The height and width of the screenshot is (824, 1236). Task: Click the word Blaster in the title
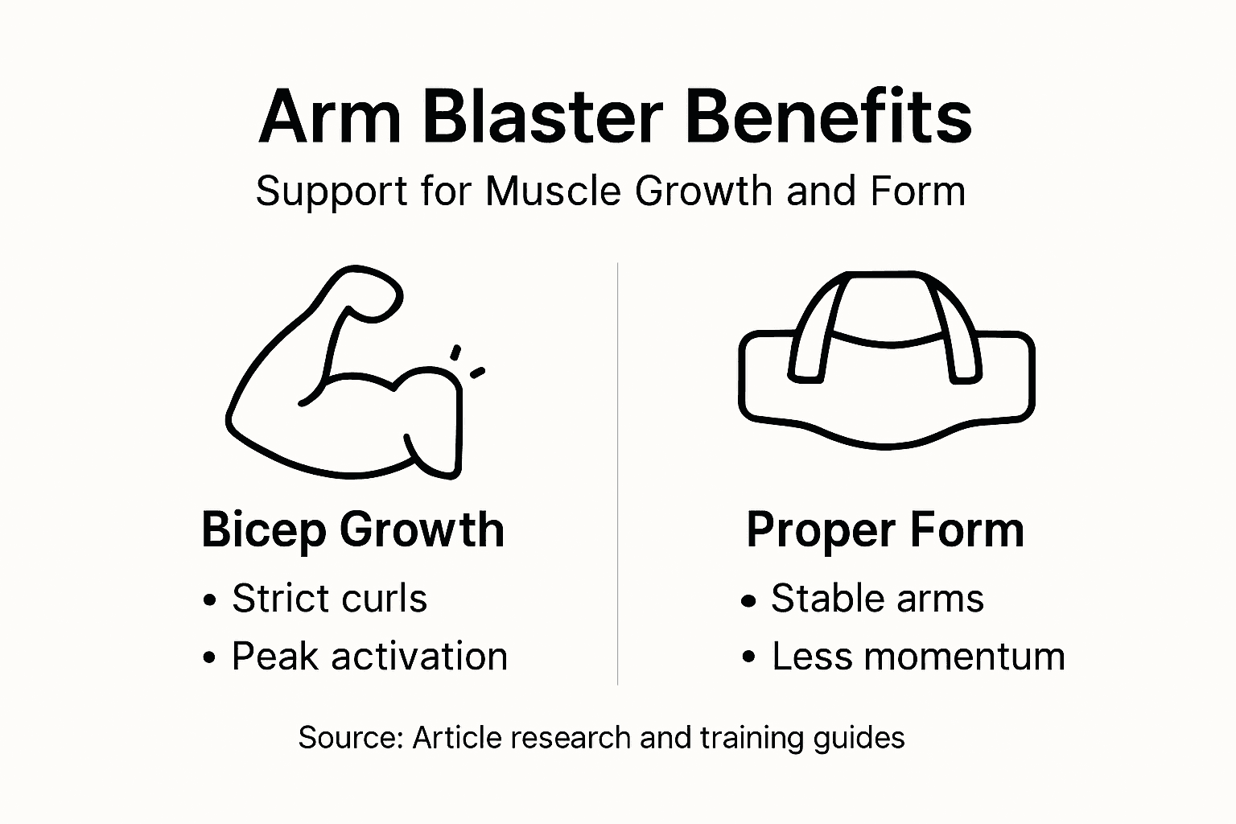click(542, 117)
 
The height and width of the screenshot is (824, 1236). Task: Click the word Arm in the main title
click(330, 117)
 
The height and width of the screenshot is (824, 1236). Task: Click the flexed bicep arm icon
click(346, 378)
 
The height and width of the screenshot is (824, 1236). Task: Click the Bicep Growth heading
click(352, 529)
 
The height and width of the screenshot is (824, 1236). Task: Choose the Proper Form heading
click(885, 529)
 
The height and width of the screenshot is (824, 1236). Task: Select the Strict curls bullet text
click(329, 599)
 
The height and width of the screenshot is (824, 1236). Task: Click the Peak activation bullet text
click(369, 657)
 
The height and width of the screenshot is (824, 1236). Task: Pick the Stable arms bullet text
click(877, 599)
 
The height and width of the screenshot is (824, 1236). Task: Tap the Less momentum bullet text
click(918, 657)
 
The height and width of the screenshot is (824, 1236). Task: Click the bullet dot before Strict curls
click(211, 600)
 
